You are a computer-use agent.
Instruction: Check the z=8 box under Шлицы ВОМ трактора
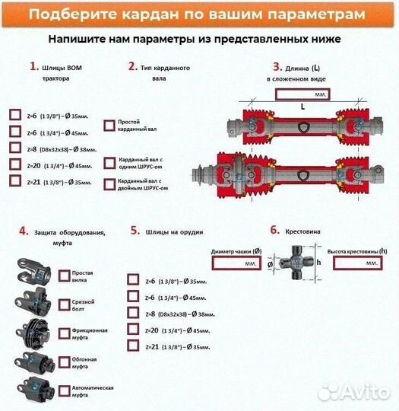tap(14, 148)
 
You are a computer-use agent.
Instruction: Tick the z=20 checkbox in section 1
tap(14, 164)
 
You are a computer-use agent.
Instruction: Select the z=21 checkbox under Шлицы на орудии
tap(134, 346)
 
